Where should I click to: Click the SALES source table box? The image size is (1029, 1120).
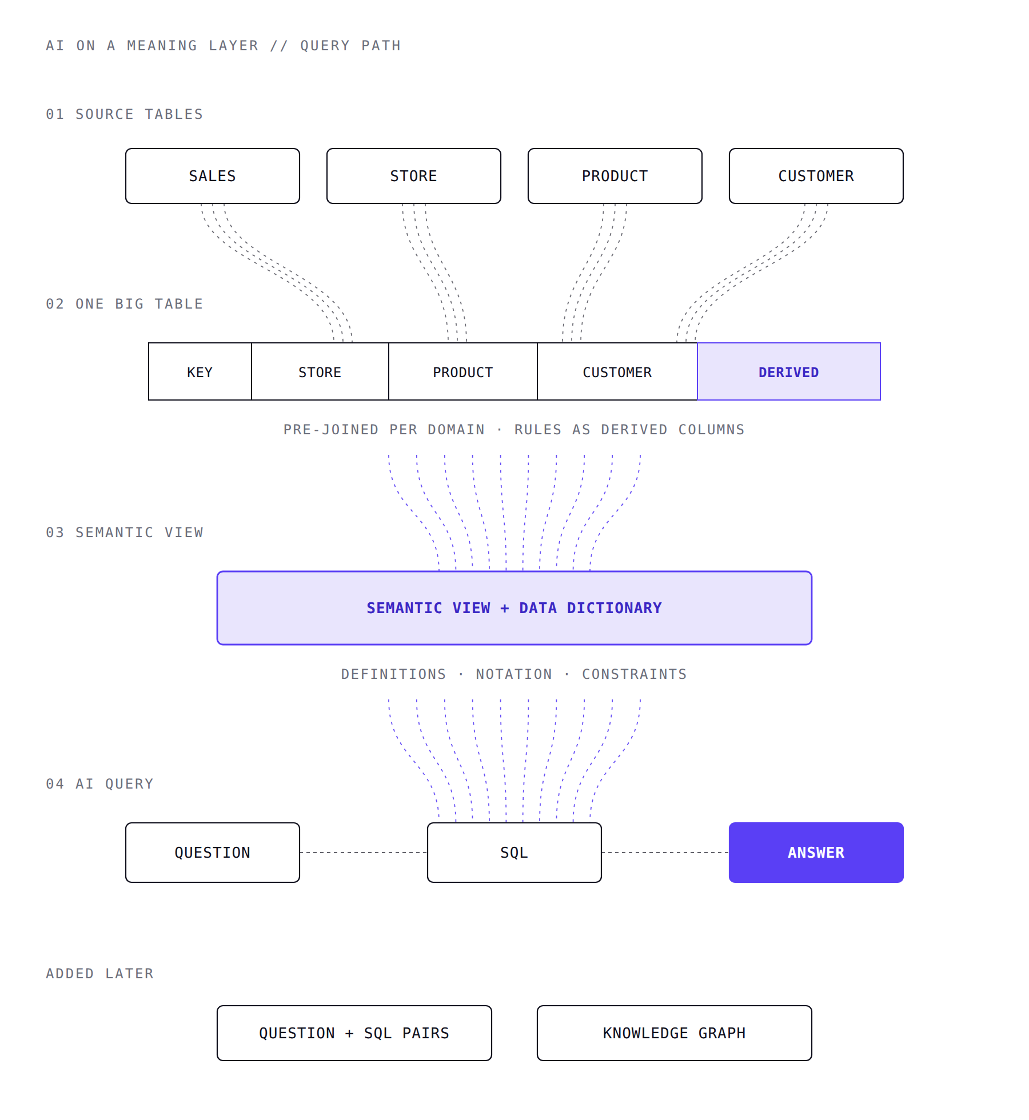tap(213, 176)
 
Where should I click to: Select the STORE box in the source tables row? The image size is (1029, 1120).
tap(414, 176)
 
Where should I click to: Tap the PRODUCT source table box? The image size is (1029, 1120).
tap(615, 176)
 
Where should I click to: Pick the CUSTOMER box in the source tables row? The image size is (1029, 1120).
tap(816, 176)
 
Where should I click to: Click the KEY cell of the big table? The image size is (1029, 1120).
tap(200, 371)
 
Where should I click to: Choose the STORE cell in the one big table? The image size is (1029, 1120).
tap(320, 371)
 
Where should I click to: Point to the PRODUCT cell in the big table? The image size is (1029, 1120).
tap(463, 371)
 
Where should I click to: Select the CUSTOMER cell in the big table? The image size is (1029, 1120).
tap(617, 371)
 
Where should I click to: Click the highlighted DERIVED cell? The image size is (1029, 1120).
tap(789, 371)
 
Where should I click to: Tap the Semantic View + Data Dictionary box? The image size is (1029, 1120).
tap(514, 608)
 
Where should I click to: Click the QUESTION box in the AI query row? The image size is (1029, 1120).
tap(213, 853)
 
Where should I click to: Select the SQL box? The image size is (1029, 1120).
tap(514, 853)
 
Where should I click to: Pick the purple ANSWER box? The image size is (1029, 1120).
tap(816, 853)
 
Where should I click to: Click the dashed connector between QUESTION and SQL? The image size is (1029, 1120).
tap(364, 853)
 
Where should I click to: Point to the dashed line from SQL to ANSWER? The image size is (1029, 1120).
tap(665, 853)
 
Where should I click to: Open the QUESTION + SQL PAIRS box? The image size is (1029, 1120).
tap(354, 1033)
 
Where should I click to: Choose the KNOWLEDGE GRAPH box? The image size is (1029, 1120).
tap(675, 1033)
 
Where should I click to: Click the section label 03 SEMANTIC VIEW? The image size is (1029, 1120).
tap(125, 533)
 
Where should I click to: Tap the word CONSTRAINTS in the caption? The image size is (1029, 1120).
tap(635, 674)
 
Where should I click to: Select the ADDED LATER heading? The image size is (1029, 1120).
tap(100, 974)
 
